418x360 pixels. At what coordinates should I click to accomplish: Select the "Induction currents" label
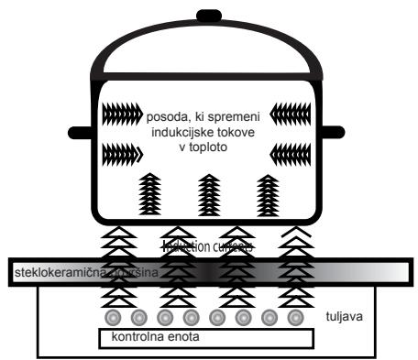point(206,247)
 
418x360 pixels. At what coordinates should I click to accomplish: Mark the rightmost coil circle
point(294,317)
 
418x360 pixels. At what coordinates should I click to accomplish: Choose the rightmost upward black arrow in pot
point(268,193)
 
